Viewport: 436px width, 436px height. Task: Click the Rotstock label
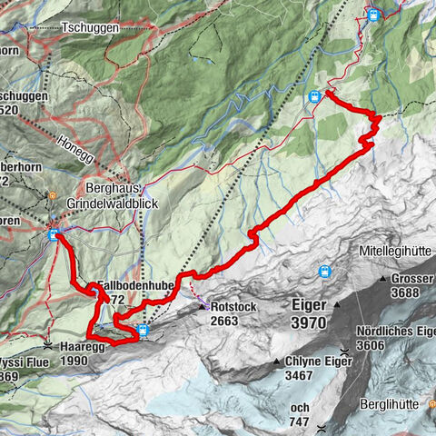click(223, 307)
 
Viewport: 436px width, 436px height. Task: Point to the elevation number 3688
click(406, 292)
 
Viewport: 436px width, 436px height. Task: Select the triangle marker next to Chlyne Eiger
click(276, 361)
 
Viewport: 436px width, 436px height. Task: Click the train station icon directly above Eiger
click(324, 271)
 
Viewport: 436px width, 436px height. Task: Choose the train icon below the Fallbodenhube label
click(144, 330)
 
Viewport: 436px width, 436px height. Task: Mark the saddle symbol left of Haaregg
click(47, 347)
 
